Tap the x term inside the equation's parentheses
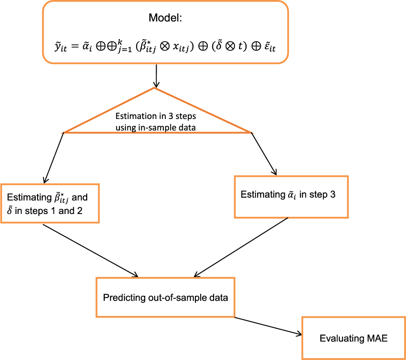pyautogui.click(x=179, y=47)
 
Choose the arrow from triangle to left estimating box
pyautogui.click(x=54, y=157)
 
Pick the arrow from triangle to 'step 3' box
pyautogui.click(x=263, y=153)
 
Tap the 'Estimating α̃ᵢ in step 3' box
pyautogui.click(x=291, y=197)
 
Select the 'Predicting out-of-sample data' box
pyautogui.click(x=165, y=298)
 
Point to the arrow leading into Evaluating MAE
pyautogui.click(x=268, y=326)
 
